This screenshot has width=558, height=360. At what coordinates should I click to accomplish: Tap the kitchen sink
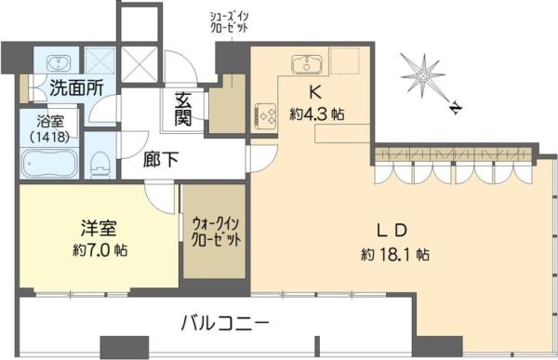point(306,64)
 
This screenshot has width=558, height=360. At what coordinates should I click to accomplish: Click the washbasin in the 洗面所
point(57,62)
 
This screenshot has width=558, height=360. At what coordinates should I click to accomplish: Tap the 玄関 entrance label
point(183,111)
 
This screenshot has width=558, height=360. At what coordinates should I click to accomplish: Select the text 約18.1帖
point(396,254)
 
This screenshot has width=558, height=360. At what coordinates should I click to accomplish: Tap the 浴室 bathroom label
point(48,120)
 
